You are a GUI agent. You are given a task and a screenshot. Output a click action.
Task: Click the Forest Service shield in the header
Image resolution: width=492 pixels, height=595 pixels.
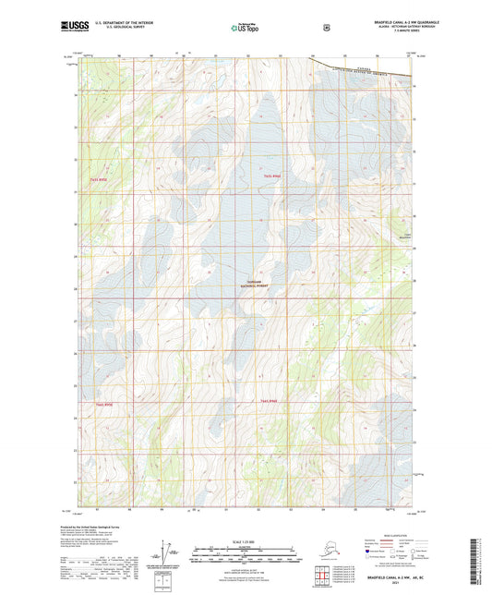[x=326, y=28]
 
